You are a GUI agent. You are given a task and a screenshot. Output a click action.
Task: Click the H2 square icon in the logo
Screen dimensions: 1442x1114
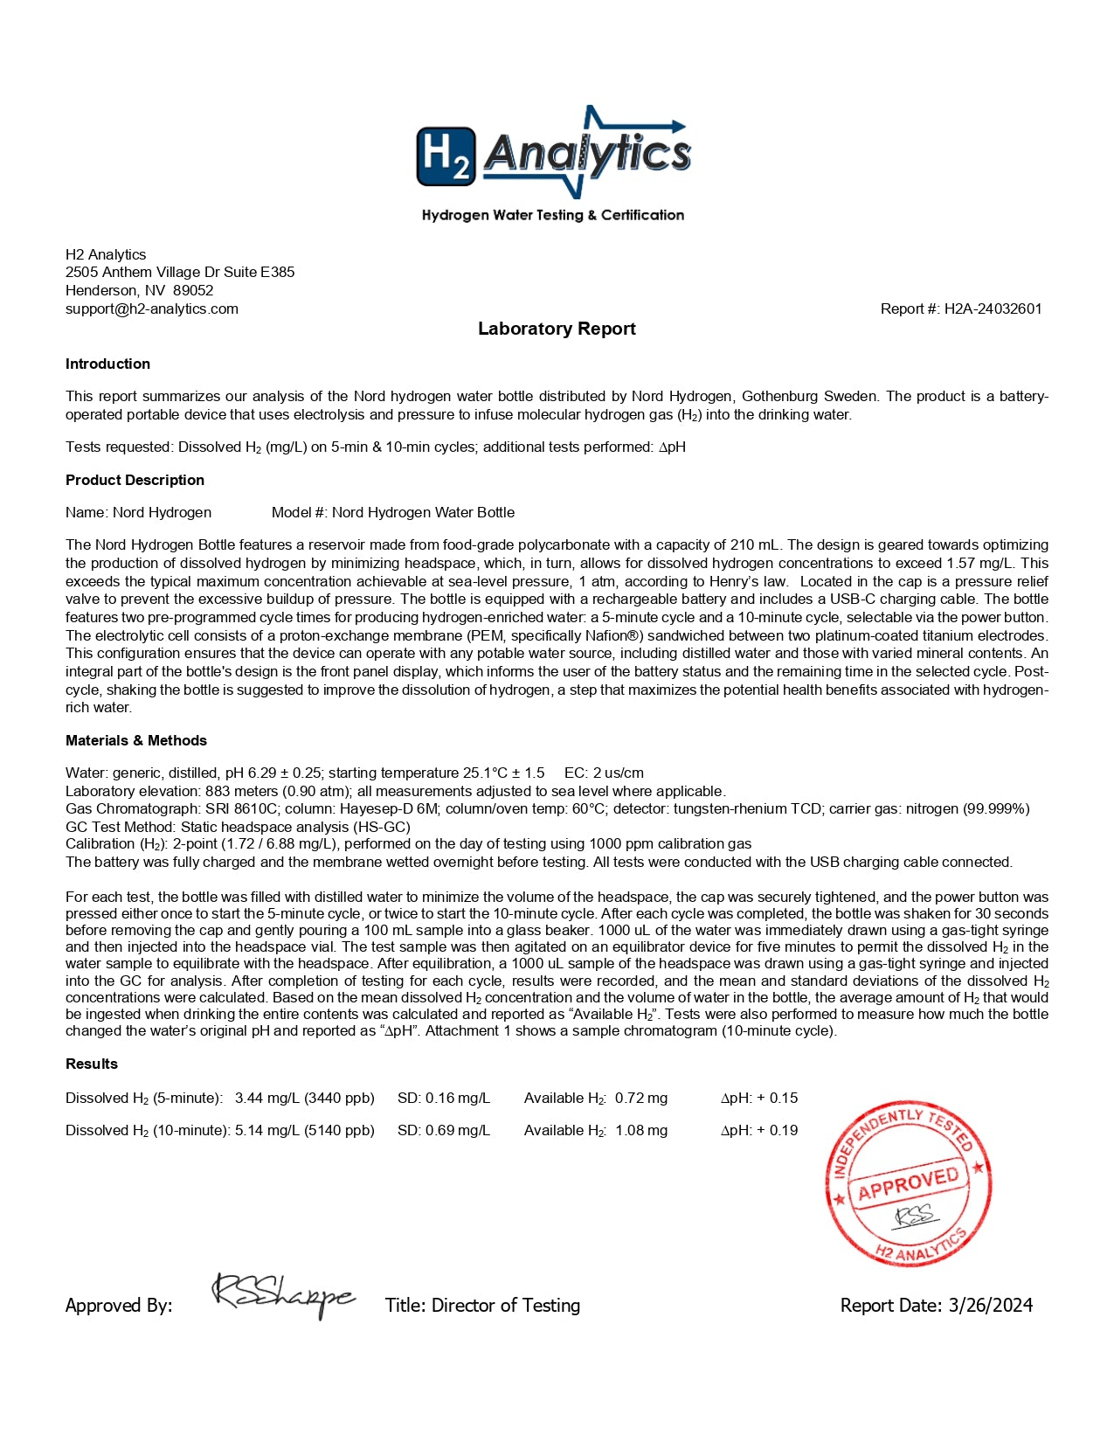446,156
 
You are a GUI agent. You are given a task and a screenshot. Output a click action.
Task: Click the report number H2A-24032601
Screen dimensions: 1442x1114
993,309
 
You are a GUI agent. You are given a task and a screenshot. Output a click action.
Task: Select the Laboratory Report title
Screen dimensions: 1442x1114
557,329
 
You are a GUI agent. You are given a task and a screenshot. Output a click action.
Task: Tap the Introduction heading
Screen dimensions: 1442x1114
107,364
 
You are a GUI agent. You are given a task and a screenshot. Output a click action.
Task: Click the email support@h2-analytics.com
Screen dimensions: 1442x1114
152,309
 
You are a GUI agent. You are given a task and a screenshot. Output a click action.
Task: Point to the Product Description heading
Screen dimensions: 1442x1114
135,480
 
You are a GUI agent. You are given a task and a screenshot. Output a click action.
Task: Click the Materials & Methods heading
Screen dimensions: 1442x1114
136,740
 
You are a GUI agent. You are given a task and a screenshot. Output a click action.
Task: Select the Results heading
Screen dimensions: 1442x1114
92,1064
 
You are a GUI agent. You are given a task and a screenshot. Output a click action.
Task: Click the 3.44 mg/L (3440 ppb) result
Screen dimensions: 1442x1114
304,1098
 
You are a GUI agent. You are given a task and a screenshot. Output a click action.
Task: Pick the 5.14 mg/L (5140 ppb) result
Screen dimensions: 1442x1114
304,1130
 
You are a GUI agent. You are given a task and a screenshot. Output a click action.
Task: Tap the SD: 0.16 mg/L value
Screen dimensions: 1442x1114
444,1098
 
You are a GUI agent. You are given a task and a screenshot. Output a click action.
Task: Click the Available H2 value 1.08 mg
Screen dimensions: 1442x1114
641,1130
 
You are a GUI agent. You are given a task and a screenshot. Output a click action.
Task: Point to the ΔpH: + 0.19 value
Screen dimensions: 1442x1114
759,1130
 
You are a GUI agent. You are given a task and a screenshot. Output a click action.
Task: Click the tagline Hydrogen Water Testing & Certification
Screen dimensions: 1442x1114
553,215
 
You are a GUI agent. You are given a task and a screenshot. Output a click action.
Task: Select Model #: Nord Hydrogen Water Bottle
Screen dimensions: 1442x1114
393,512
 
